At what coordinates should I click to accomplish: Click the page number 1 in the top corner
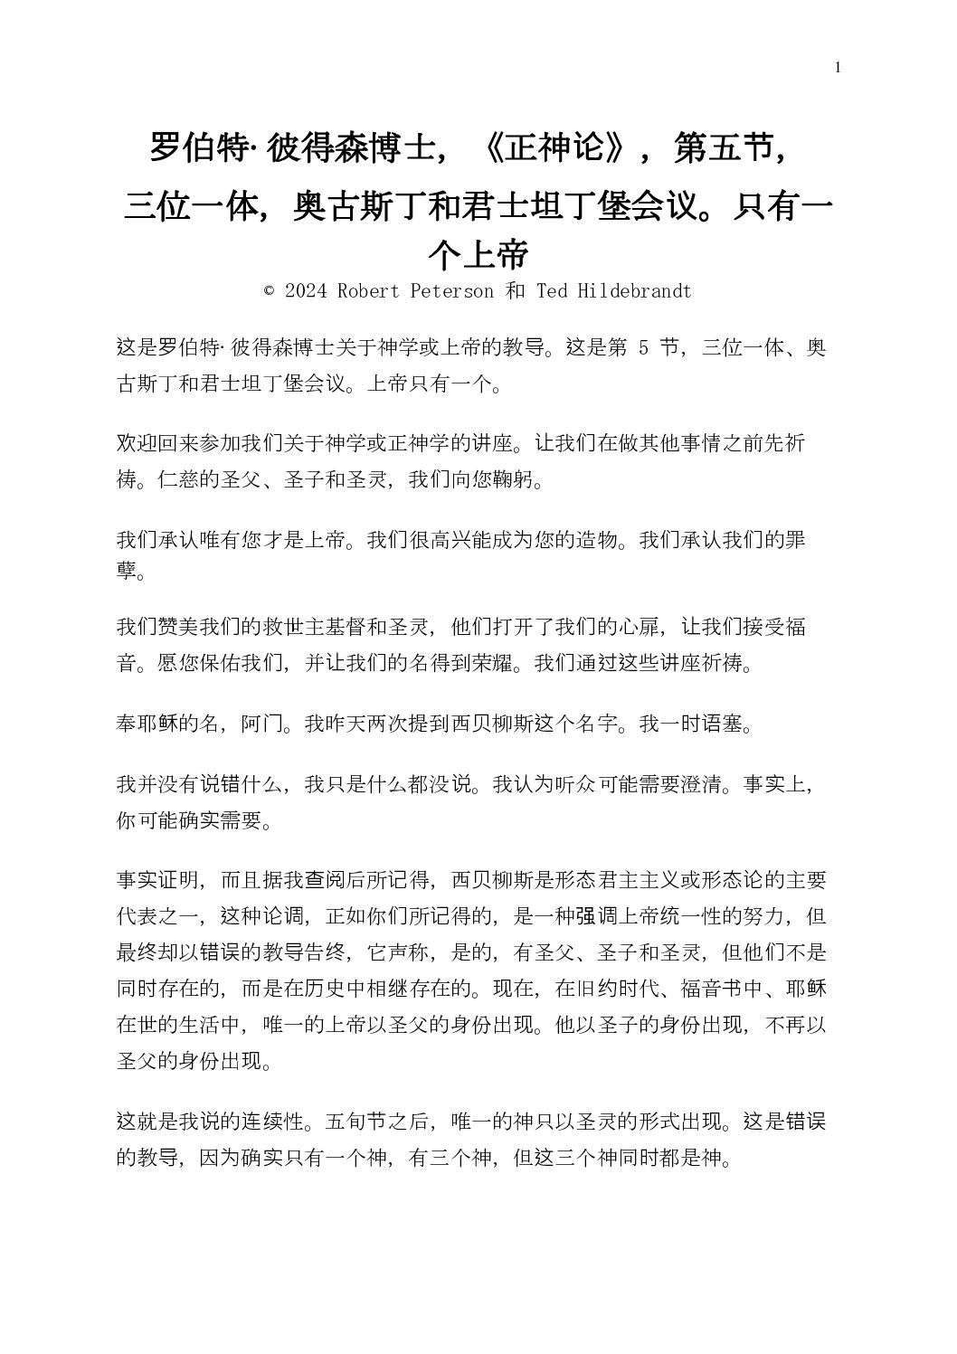(838, 67)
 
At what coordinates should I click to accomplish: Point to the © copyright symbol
(269, 291)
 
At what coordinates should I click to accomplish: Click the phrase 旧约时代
(629, 989)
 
